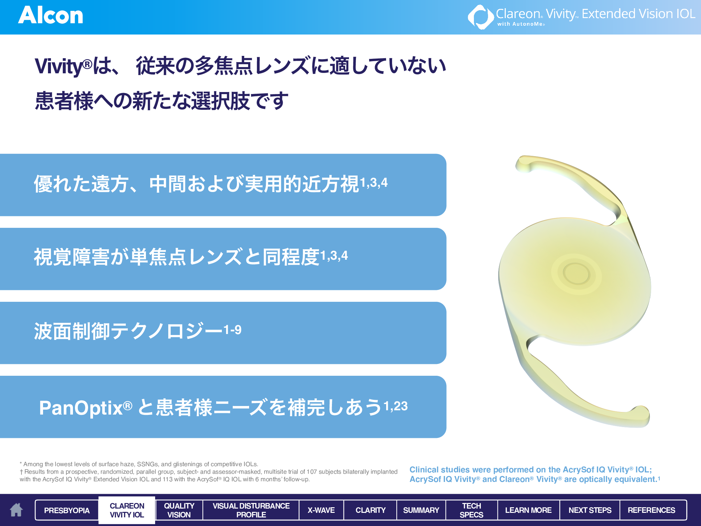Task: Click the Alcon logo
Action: coord(51,15)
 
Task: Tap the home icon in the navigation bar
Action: coord(16,510)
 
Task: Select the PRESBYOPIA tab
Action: coord(67,510)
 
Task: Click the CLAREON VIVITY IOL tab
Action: coord(127,510)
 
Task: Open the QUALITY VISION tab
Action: coord(179,510)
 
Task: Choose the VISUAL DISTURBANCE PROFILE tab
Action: coord(251,510)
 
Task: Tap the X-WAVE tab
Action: coord(321,510)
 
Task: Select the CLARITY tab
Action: coord(370,510)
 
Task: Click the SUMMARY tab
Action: coord(421,510)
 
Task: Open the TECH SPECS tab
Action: coord(471,510)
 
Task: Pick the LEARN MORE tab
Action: coord(528,510)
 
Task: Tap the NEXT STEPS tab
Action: coord(590,510)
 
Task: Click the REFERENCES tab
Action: coord(651,510)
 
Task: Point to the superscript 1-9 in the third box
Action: coord(232,329)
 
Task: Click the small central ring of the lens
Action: coord(576,274)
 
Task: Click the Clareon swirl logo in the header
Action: coord(480,17)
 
